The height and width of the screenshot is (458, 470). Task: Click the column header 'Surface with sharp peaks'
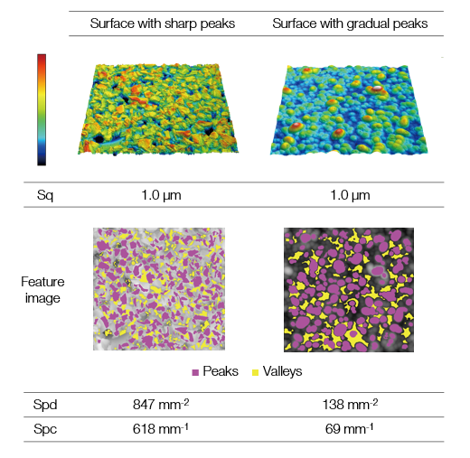[163, 23]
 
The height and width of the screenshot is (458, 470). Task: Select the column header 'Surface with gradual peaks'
[350, 23]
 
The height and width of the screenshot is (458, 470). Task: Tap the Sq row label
[45, 195]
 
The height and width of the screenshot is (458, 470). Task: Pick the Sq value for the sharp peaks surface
[161, 195]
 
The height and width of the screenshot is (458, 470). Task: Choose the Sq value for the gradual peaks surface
[350, 195]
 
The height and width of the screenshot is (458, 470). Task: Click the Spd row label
[45, 405]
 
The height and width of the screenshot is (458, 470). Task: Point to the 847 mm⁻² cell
[161, 404]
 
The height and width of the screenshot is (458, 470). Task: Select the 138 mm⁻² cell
[350, 404]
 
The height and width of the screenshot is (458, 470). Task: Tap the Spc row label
[45, 429]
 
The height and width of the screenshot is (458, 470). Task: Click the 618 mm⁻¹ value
[161, 428]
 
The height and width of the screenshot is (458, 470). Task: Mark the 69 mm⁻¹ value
[350, 428]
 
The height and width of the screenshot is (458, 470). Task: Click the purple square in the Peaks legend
[195, 372]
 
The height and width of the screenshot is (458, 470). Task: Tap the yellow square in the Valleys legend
[255, 372]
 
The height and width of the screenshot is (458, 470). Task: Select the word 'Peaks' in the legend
[221, 371]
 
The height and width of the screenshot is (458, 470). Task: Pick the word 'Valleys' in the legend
[282, 371]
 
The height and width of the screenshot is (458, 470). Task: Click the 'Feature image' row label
[42, 290]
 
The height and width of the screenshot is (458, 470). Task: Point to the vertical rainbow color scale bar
[42, 110]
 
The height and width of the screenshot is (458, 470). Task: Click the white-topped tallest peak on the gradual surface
[377, 89]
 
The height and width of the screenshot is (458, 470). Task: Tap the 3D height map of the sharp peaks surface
[158, 109]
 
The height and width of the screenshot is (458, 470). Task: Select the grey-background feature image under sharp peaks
[159, 289]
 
